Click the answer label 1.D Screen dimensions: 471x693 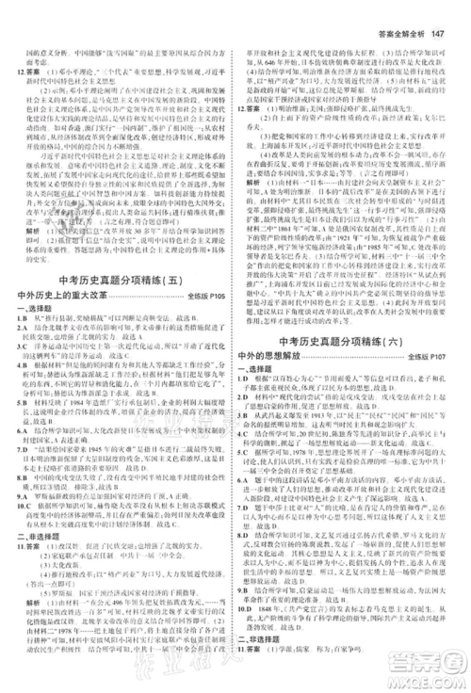252,393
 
